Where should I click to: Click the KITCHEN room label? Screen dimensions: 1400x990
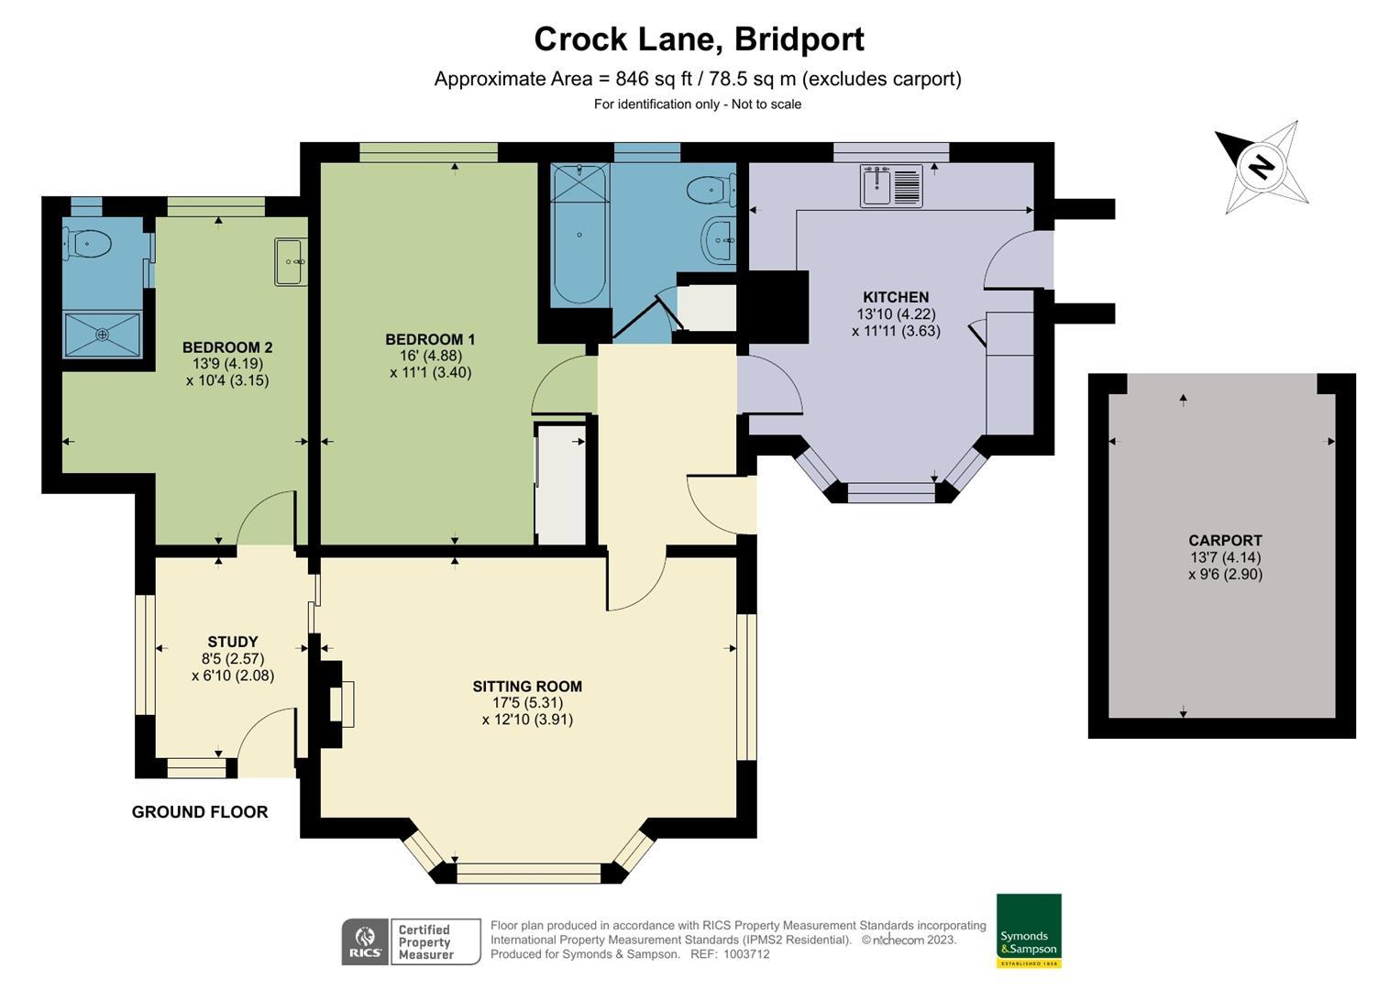click(896, 297)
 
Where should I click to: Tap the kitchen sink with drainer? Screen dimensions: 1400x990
click(890, 185)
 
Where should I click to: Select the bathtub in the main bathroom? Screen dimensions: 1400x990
click(579, 234)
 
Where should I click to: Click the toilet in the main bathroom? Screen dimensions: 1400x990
click(711, 190)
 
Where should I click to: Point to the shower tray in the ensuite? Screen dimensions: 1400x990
click(103, 335)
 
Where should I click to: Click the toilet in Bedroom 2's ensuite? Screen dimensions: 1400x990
click(87, 243)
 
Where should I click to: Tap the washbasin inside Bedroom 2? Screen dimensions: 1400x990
click(292, 261)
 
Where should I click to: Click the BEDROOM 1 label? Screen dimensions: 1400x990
click(430, 339)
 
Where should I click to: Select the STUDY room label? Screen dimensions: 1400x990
click(233, 642)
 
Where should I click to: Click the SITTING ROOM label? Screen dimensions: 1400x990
click(527, 687)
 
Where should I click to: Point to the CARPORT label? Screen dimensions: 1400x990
click(1225, 540)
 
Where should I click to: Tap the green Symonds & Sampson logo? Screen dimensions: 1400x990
click(1029, 930)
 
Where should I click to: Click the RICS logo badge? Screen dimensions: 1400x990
click(366, 942)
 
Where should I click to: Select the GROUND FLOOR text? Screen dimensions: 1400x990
click(200, 812)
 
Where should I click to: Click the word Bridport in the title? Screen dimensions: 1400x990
click(799, 40)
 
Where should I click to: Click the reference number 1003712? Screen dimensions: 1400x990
click(747, 954)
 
